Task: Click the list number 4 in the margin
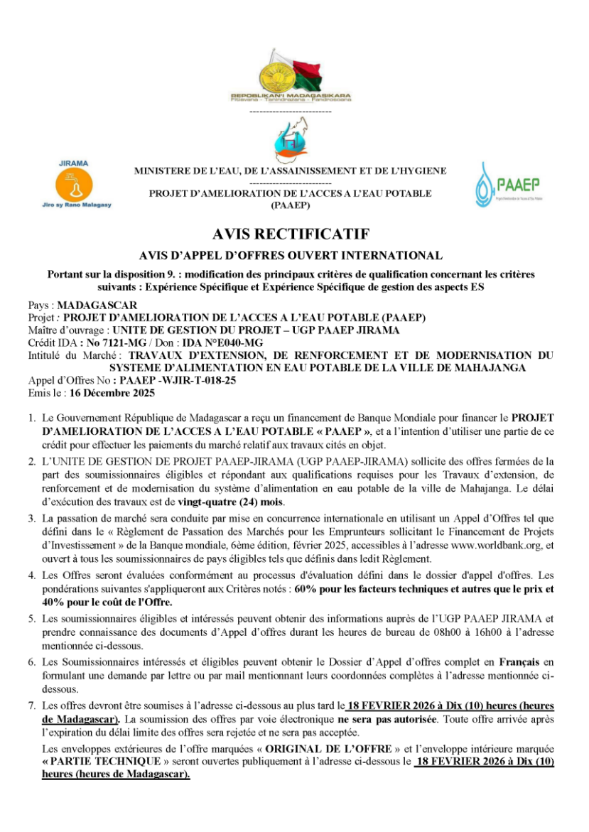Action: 32,577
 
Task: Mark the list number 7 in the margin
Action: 32,707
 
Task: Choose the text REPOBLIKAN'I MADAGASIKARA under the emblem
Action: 291,95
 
